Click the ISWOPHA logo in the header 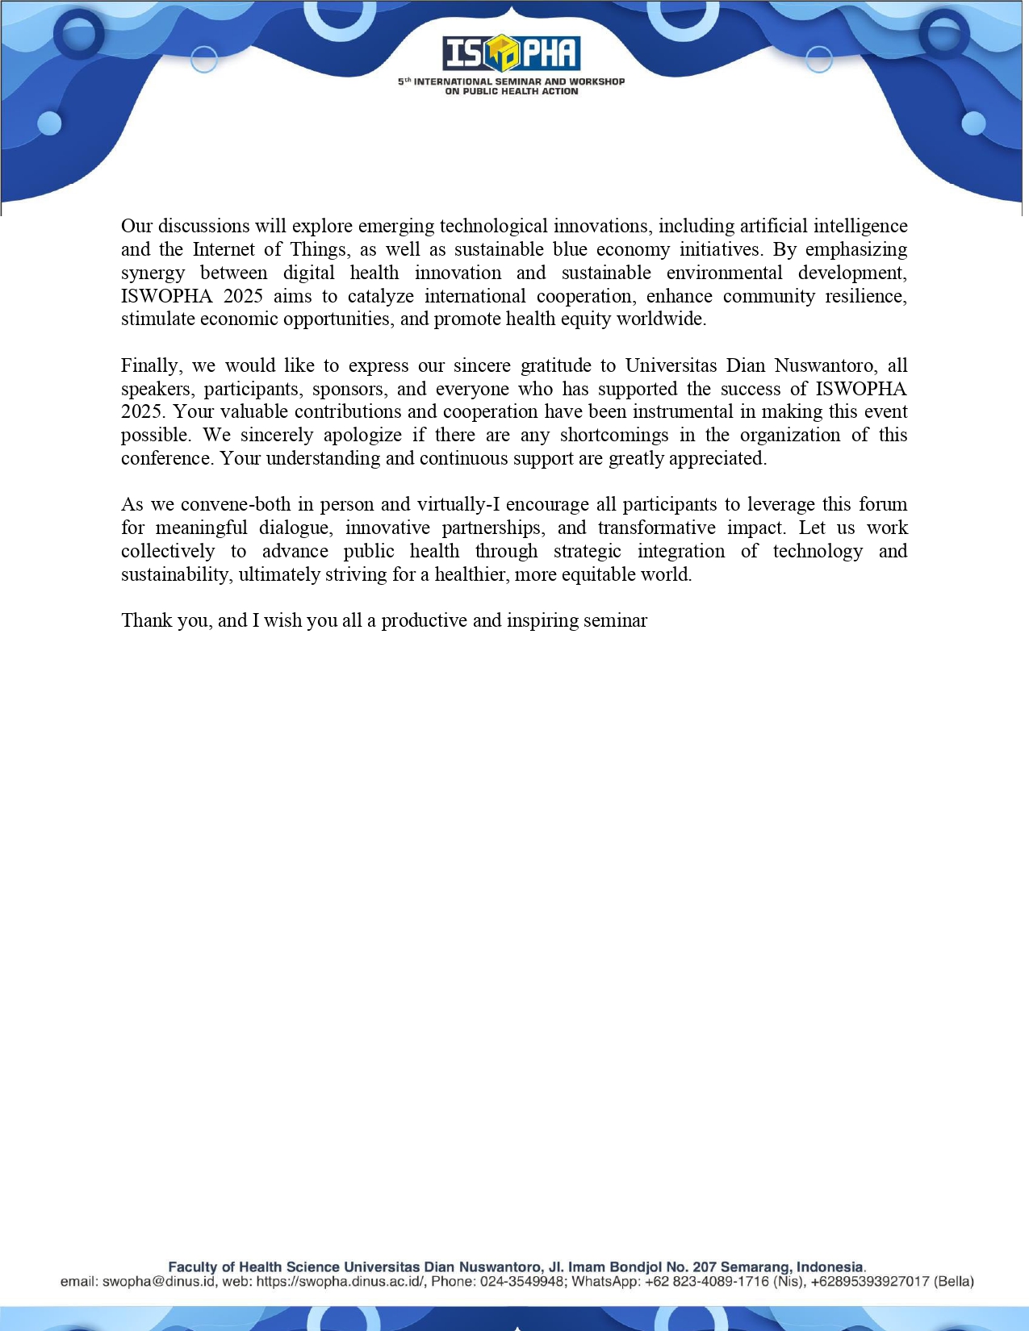click(x=512, y=54)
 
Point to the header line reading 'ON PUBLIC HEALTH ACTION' click(x=512, y=92)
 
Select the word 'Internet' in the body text click(x=224, y=249)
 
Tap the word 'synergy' click(x=153, y=273)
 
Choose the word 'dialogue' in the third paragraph click(x=295, y=528)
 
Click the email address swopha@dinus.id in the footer click(x=160, y=1282)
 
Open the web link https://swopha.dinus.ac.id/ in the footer click(x=340, y=1282)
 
